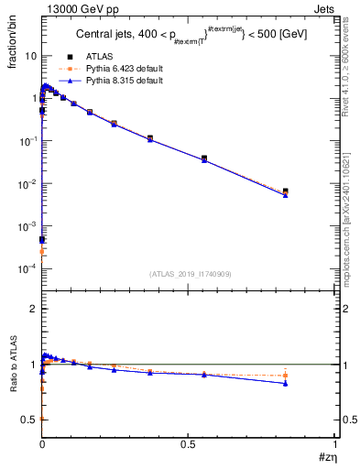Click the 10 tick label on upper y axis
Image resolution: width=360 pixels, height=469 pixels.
pos(29,55)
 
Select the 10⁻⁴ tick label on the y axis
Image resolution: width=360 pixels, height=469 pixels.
pos(27,268)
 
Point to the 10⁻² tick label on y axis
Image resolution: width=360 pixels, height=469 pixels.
pos(27,183)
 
